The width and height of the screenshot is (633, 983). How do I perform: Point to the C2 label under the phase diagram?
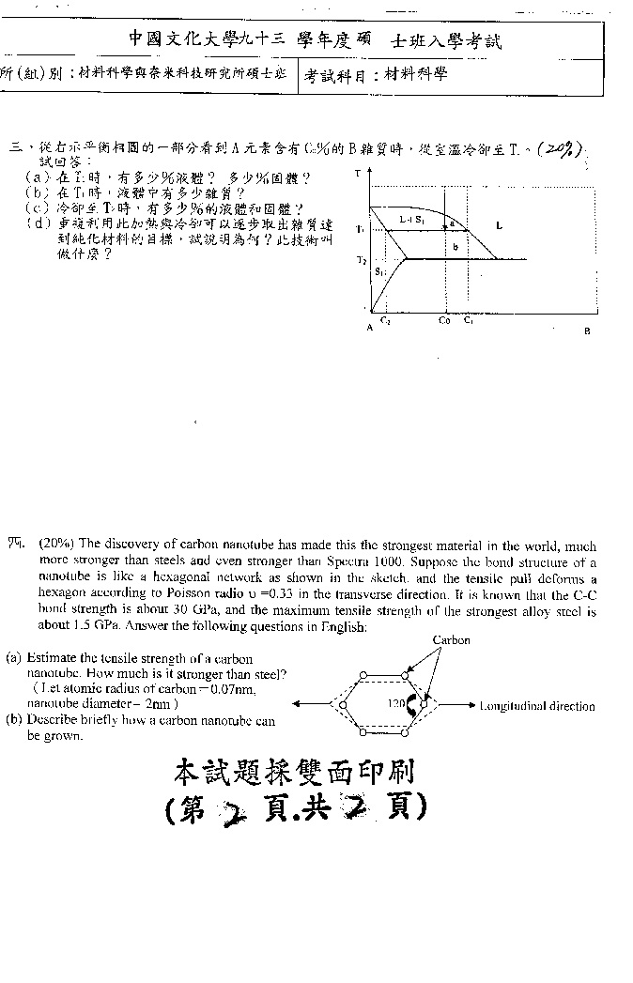click(386, 321)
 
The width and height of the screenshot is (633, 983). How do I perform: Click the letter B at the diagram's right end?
click(587, 330)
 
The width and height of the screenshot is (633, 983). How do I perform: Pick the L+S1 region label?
click(411, 220)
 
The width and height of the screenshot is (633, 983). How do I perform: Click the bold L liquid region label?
click(499, 225)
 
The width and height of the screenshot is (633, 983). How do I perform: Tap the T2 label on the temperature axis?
click(362, 259)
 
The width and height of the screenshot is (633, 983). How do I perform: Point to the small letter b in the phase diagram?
click(455, 247)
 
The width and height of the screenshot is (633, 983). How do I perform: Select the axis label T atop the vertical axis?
click(358, 175)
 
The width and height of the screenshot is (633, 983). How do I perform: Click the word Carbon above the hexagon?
click(451, 640)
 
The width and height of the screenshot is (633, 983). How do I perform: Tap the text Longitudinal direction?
click(536, 707)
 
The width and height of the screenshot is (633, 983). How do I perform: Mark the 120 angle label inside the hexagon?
click(396, 703)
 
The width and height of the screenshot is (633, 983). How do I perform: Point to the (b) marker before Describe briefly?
click(14, 720)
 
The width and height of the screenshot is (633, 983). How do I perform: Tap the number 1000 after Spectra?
click(371, 562)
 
